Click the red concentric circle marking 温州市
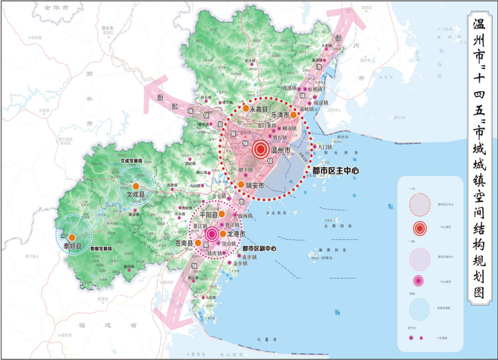pos(260,150)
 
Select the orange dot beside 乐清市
pos(293,113)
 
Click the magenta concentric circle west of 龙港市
pos(211,233)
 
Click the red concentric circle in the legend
pos(420,228)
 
